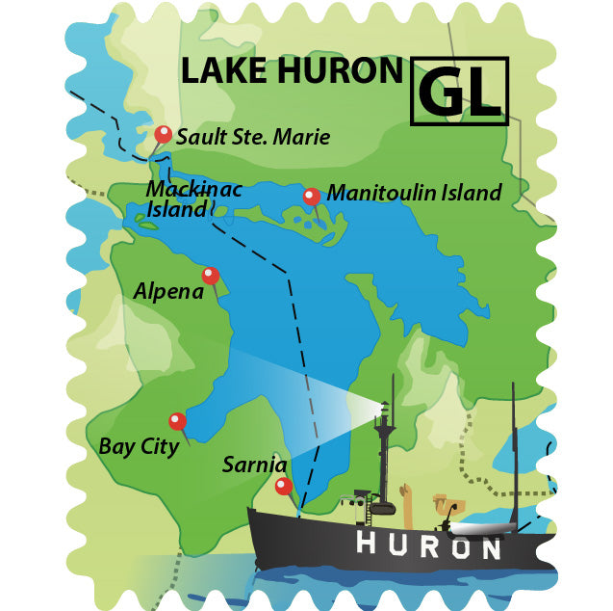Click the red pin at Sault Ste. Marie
[164, 134]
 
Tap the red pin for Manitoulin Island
[311, 196]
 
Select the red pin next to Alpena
[210, 275]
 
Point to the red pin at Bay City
[177, 420]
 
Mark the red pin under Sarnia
[281, 486]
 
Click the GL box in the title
[459, 92]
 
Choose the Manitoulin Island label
[414, 193]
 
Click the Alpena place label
[168, 290]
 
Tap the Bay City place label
[139, 447]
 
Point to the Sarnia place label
[254, 465]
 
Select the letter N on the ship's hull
[490, 549]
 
